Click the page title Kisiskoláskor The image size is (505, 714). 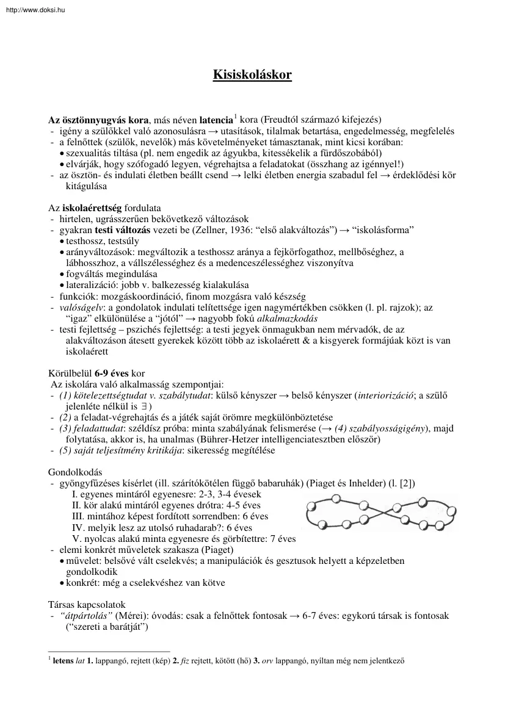[x=252, y=75]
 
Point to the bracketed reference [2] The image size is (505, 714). [x=407, y=483]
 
